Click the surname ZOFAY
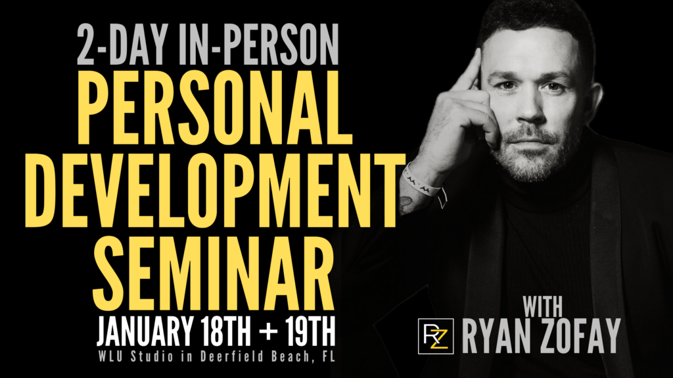tap(581, 336)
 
